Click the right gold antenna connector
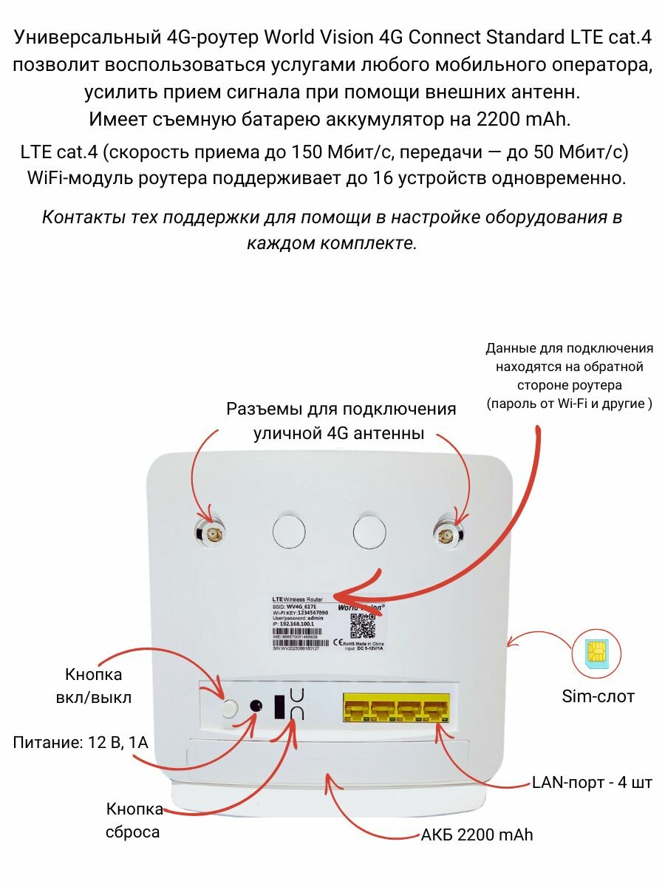447,532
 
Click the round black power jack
256,706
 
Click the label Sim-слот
598,696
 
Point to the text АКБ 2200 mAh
477,835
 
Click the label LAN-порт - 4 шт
592,782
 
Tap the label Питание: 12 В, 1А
81,742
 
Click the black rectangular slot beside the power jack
280,706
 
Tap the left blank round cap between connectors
289,531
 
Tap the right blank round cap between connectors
369,531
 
